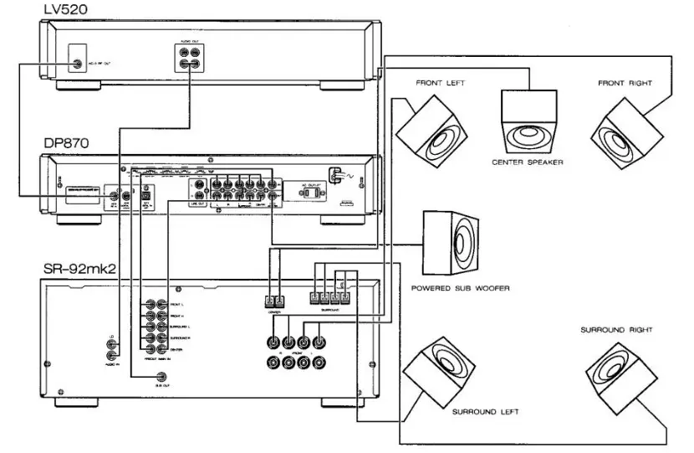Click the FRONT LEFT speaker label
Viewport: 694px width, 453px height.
440,84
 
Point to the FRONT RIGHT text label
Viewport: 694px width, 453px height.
624,84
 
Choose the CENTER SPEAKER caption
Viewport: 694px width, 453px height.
528,162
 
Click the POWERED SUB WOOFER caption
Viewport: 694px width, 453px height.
460,288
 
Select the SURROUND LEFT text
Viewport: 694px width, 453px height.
485,412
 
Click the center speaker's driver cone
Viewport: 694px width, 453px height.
528,136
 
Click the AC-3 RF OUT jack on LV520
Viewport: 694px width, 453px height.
78,64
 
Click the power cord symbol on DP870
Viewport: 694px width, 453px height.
337,176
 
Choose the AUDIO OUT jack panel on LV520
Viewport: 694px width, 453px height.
188,60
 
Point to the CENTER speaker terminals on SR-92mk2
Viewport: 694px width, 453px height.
273,301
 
